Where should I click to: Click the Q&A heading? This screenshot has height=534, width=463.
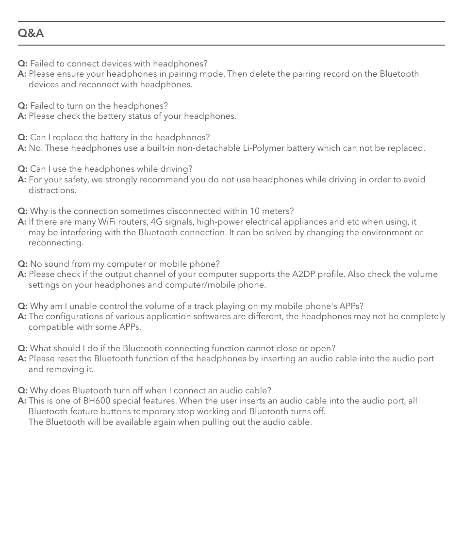31,33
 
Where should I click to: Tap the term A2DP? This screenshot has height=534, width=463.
304,274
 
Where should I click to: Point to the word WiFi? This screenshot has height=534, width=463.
110,222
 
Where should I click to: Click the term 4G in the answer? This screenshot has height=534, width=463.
157,222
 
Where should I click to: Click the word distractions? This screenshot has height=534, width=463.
52,190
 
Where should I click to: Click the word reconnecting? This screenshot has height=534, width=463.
55,243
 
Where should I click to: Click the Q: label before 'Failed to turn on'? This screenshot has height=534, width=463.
22,106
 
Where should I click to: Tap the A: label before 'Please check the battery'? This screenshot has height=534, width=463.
22,116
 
